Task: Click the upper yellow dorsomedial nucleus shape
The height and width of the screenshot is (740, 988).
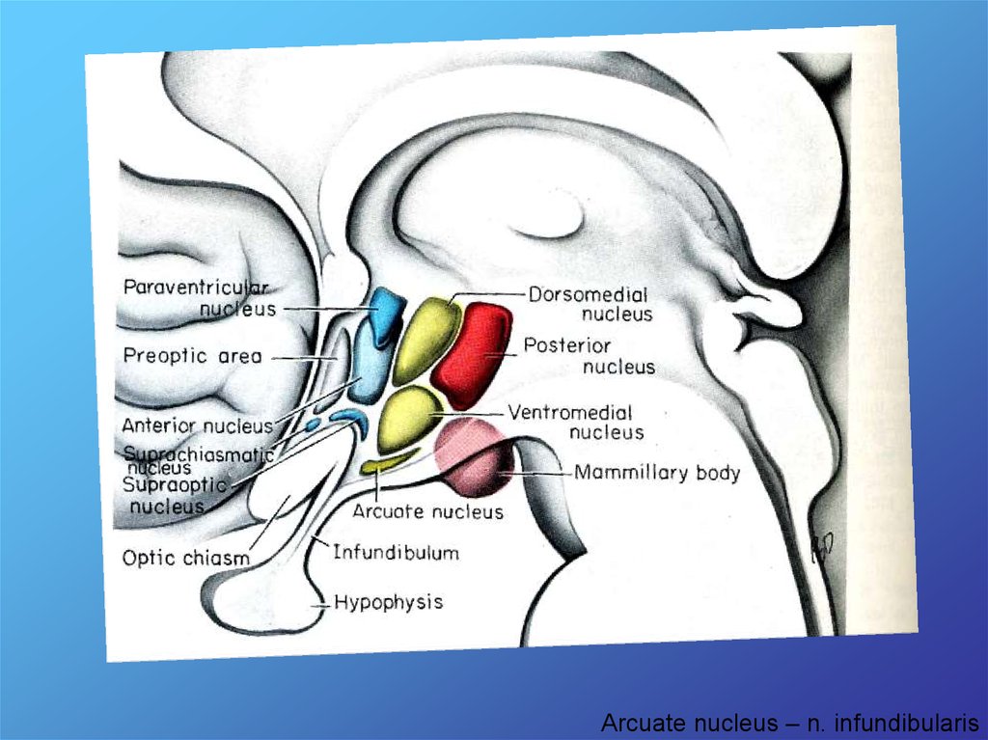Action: tap(425, 339)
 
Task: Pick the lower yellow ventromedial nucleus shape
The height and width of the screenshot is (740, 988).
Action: tap(409, 418)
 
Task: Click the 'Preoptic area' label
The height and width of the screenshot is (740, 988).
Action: tap(192, 356)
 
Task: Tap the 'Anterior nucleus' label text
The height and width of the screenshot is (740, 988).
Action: tap(197, 425)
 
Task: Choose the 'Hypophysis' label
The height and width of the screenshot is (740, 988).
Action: tap(388, 602)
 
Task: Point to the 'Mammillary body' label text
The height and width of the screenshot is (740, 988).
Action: tap(656, 473)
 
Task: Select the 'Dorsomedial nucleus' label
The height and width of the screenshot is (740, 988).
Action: tap(589, 304)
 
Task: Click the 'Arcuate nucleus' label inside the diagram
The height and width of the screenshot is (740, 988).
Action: tap(427, 511)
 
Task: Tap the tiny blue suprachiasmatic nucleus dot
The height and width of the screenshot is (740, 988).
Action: tap(313, 425)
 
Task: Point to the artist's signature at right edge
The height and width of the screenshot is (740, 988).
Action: tap(823, 548)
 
